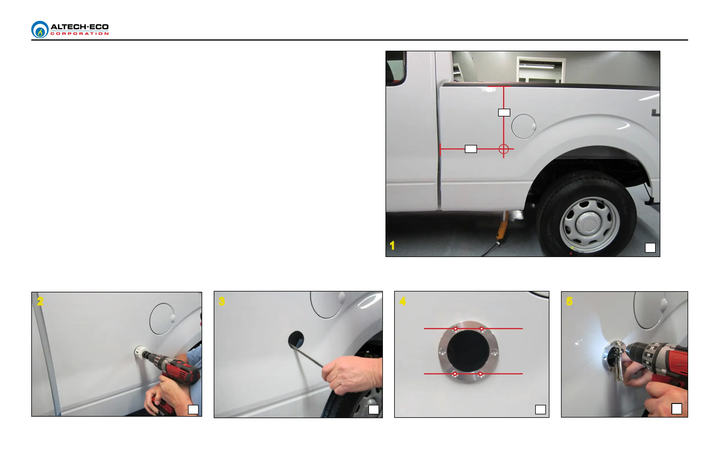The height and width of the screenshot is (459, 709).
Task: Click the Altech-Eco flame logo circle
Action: click(40, 30)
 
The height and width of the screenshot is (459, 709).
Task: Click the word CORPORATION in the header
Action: click(80, 34)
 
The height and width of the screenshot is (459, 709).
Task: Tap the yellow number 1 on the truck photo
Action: click(392, 246)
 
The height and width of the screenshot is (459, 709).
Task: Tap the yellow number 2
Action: click(40, 301)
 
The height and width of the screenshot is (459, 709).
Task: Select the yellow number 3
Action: click(222, 301)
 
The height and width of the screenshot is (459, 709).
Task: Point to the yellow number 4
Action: click(403, 301)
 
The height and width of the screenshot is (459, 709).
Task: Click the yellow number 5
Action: click(569, 301)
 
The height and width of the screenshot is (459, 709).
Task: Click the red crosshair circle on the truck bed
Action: click(504, 149)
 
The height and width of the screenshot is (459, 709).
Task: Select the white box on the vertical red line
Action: click(504, 113)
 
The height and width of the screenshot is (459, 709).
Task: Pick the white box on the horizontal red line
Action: click(471, 149)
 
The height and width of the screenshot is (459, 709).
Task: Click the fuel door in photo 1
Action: click(524, 127)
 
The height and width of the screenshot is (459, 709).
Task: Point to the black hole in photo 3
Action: click(296, 340)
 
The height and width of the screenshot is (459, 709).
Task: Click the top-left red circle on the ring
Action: click(456, 329)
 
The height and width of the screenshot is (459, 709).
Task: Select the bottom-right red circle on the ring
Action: click(480, 374)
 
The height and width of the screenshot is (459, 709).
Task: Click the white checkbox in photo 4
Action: click(540, 409)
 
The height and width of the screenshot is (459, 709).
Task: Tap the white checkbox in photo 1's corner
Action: click(650, 248)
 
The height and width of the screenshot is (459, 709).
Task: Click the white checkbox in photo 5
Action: click(677, 409)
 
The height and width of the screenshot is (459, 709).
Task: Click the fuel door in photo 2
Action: click(162, 319)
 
